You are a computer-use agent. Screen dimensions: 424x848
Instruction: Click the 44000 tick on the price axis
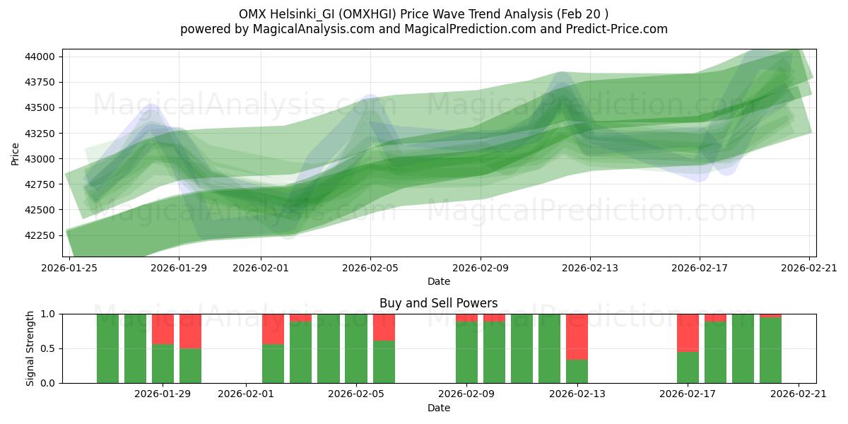point(45,57)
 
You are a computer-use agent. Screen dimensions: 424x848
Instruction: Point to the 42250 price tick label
point(45,235)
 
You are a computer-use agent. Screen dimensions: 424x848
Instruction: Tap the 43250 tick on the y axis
point(45,134)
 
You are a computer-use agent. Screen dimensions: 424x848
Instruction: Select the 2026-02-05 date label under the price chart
point(371,268)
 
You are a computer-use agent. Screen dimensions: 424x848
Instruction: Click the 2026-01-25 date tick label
point(69,268)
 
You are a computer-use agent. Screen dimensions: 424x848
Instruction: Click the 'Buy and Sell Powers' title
point(438,303)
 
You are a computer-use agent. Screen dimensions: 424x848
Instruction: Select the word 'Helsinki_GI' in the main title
point(302,14)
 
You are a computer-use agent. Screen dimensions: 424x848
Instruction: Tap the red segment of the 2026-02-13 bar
point(577,336)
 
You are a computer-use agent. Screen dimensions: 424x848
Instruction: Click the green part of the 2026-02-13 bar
point(577,372)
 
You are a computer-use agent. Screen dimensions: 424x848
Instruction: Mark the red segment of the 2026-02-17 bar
point(688,332)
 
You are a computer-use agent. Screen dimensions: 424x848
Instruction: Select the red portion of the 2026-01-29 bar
point(163,329)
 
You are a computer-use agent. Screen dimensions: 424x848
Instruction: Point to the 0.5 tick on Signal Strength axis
point(50,348)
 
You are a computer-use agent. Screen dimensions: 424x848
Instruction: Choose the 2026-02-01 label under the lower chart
point(246,394)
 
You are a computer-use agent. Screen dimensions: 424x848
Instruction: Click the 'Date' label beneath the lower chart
point(438,408)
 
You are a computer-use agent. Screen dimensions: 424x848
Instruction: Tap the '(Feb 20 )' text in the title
point(582,14)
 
